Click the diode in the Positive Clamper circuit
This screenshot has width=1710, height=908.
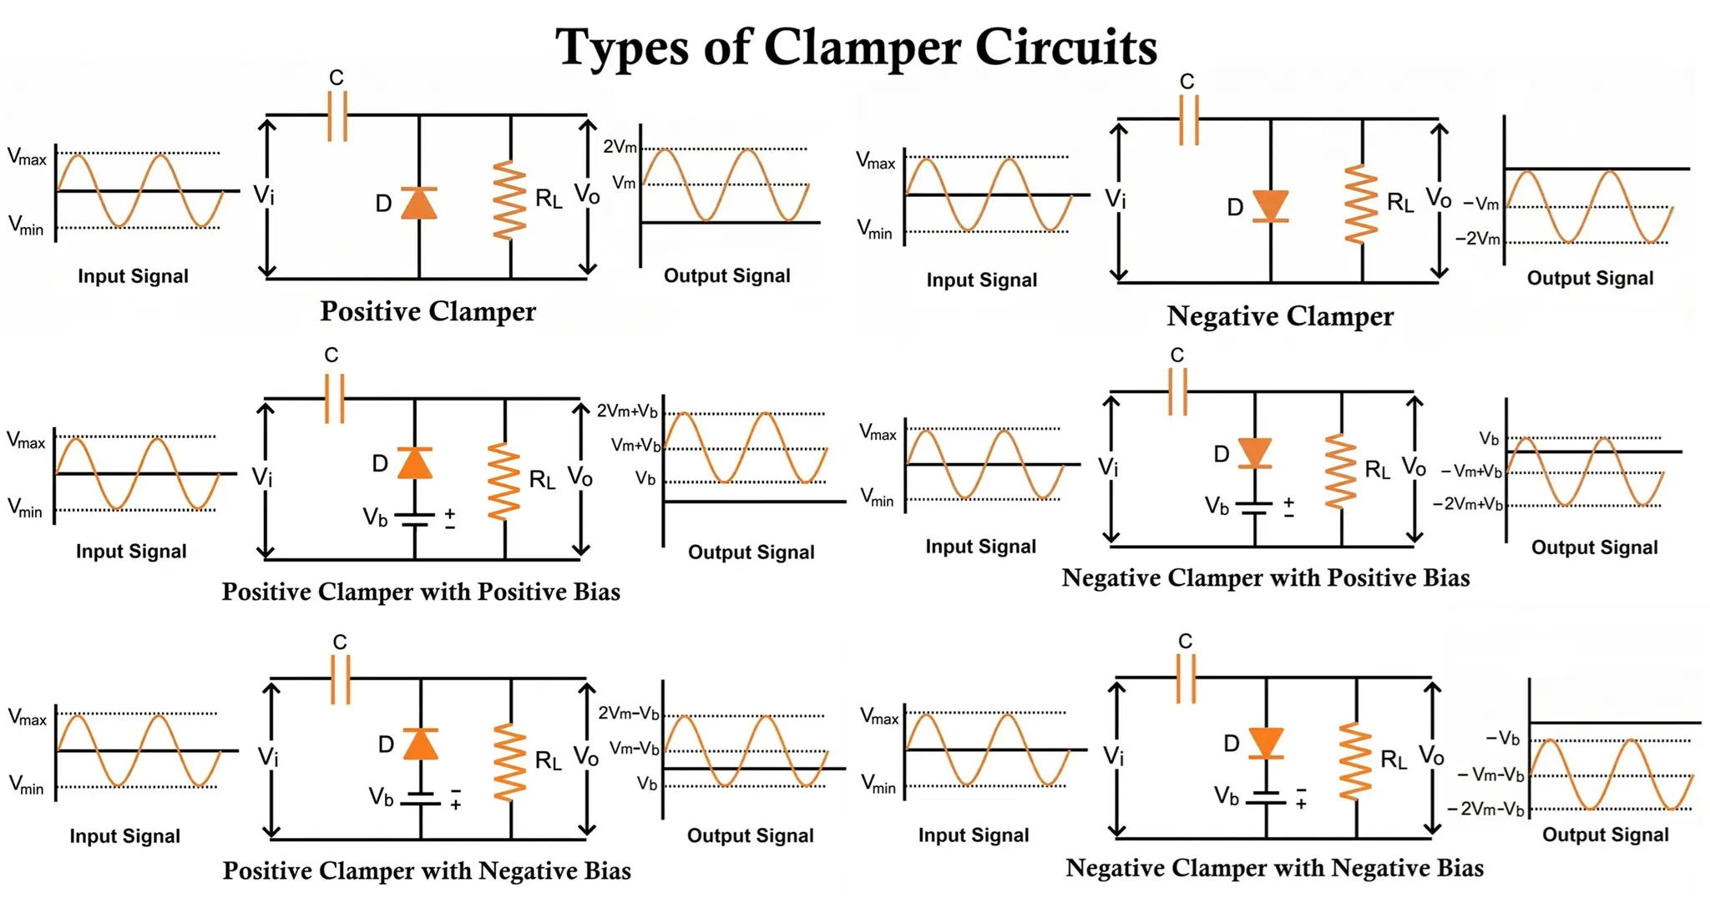point(418,204)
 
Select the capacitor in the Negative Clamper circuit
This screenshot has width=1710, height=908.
point(1188,120)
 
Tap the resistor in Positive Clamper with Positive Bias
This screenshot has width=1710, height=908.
point(503,482)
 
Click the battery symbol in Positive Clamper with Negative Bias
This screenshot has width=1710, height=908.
point(420,799)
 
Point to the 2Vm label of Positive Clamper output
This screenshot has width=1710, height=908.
point(620,147)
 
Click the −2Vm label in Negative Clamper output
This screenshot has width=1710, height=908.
point(1477,239)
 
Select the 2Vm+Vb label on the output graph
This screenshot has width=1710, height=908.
point(627,411)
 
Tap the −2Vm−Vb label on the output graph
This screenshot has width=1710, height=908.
point(1485,809)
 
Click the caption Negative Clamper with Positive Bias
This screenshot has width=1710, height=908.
point(1265,578)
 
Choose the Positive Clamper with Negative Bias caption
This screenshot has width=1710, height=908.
point(427,870)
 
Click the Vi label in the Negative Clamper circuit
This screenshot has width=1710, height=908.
point(1116,199)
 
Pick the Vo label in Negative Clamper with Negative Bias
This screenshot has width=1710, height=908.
point(1431,755)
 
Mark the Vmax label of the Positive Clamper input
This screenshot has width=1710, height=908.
point(27,157)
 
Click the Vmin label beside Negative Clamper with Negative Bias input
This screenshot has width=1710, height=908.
point(878,784)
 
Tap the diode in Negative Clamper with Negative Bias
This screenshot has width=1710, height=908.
point(1266,743)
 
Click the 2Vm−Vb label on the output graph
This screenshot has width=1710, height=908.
point(629,714)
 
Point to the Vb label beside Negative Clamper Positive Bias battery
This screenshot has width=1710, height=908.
point(1217,506)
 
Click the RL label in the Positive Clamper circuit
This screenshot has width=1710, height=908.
point(549,199)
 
